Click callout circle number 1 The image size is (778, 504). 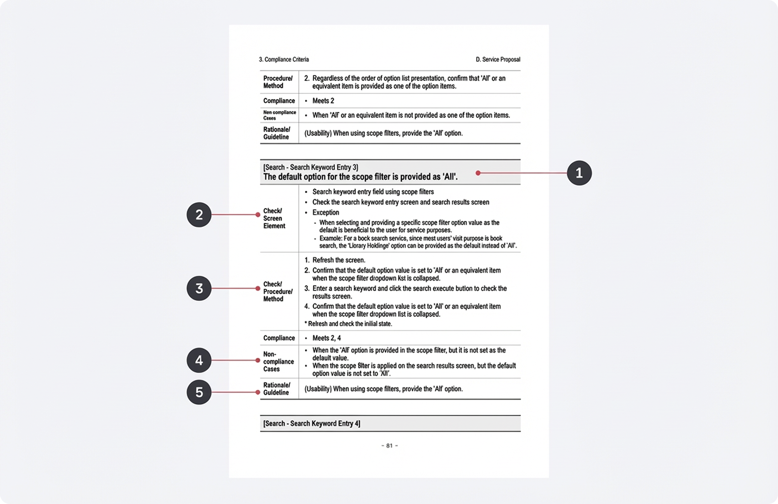[x=579, y=173]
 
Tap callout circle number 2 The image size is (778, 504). [x=199, y=215]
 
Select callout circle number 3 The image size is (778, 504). [x=199, y=288]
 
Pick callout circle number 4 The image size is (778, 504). [x=199, y=360]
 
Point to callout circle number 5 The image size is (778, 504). [x=199, y=392]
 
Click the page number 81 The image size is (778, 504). [x=389, y=446]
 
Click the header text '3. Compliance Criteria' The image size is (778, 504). [x=284, y=60]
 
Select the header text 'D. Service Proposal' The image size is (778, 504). [x=498, y=60]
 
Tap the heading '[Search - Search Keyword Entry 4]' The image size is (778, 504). [x=312, y=424]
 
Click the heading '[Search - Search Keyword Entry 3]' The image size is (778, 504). [x=310, y=167]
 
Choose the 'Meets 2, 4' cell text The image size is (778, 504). [x=326, y=338]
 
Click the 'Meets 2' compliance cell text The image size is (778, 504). [x=323, y=101]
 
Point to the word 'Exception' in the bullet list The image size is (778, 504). [x=326, y=213]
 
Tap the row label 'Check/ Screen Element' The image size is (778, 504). [x=274, y=219]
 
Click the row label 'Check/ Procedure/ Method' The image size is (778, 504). [x=277, y=291]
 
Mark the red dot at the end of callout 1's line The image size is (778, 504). [x=478, y=173]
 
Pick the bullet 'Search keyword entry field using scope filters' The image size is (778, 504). [x=373, y=192]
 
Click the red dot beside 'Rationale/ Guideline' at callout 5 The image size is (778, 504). [x=258, y=392]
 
